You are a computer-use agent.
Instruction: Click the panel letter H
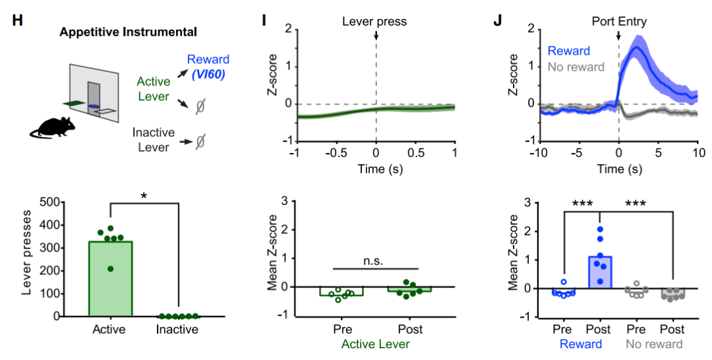click(x=17, y=20)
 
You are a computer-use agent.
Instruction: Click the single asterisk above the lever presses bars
click(x=144, y=195)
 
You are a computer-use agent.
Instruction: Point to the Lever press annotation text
click(x=374, y=22)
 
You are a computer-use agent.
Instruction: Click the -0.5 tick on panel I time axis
click(x=336, y=152)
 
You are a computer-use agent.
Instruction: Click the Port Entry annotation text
click(x=618, y=22)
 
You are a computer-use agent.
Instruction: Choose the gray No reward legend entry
click(x=576, y=67)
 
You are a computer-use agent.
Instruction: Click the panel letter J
click(x=498, y=20)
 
